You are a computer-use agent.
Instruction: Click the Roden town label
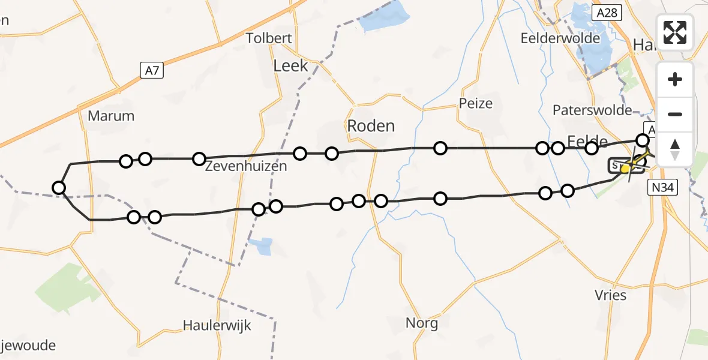pos(371,126)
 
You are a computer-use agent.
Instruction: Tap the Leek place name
pos(290,66)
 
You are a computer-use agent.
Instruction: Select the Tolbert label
pos(269,38)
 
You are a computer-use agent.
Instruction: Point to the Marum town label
pos(111,116)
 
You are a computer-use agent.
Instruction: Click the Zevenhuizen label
pos(246,166)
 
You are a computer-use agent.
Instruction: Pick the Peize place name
pos(476,103)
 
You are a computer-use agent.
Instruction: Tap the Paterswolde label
pos(592,110)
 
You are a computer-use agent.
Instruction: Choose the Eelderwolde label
pos(560,38)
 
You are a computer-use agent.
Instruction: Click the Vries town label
pos(611,295)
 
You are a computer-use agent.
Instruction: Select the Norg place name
pos(422,323)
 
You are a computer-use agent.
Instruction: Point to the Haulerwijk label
pos(217,326)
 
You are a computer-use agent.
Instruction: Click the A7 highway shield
pos(152,71)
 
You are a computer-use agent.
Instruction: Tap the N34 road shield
pos(664,188)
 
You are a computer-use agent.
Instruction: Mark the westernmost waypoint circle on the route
pos(59,188)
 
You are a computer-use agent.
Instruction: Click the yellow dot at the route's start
pos(625,169)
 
